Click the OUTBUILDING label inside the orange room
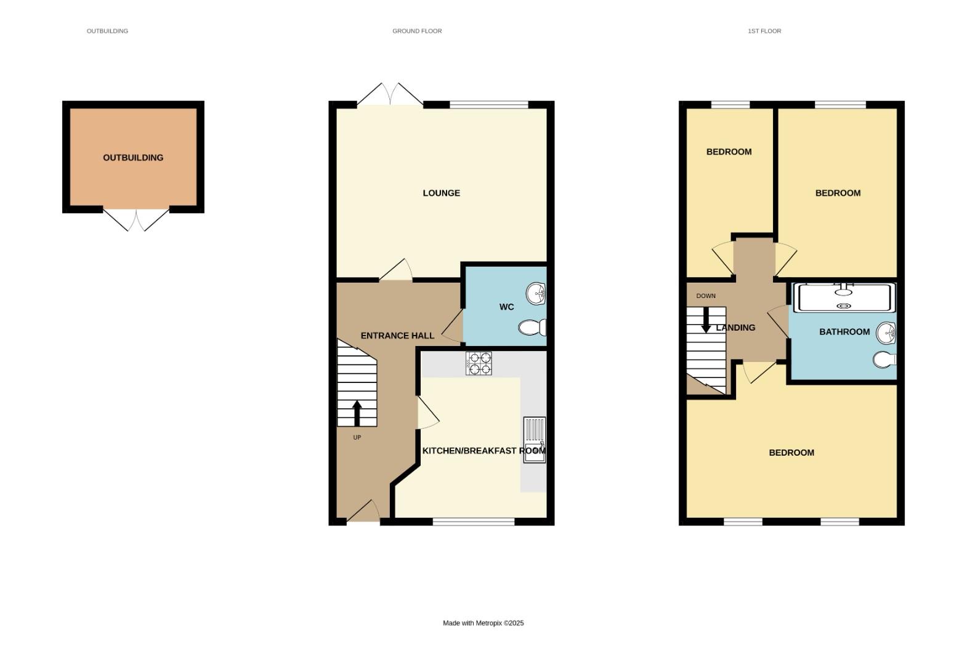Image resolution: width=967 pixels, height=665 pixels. click(x=133, y=158)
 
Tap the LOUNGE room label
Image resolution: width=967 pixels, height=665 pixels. click(x=441, y=193)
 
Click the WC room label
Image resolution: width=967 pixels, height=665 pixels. click(x=506, y=307)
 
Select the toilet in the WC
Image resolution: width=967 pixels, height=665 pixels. click(x=532, y=327)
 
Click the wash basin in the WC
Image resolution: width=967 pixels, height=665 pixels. click(x=536, y=293)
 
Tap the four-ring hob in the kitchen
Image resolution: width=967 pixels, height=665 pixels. click(x=479, y=363)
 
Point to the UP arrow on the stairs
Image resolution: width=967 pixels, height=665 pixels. click(x=357, y=413)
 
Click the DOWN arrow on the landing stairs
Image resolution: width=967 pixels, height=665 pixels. click(x=706, y=320)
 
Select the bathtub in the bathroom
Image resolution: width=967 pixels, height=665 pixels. click(x=844, y=297)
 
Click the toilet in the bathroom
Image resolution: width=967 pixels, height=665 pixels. click(x=884, y=359)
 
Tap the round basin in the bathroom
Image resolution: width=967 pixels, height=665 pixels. click(x=886, y=333)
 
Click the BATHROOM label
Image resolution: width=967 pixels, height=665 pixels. click(x=844, y=332)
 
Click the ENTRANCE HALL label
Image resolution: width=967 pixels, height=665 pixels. click(x=397, y=336)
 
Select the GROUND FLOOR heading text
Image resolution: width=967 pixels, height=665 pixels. click(x=417, y=31)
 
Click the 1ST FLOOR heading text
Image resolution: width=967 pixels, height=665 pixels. click(x=764, y=31)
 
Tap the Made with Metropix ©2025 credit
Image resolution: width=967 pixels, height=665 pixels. click(x=483, y=623)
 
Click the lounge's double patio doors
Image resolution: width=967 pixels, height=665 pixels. click(x=390, y=96)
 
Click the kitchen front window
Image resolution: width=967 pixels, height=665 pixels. click(x=473, y=522)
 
